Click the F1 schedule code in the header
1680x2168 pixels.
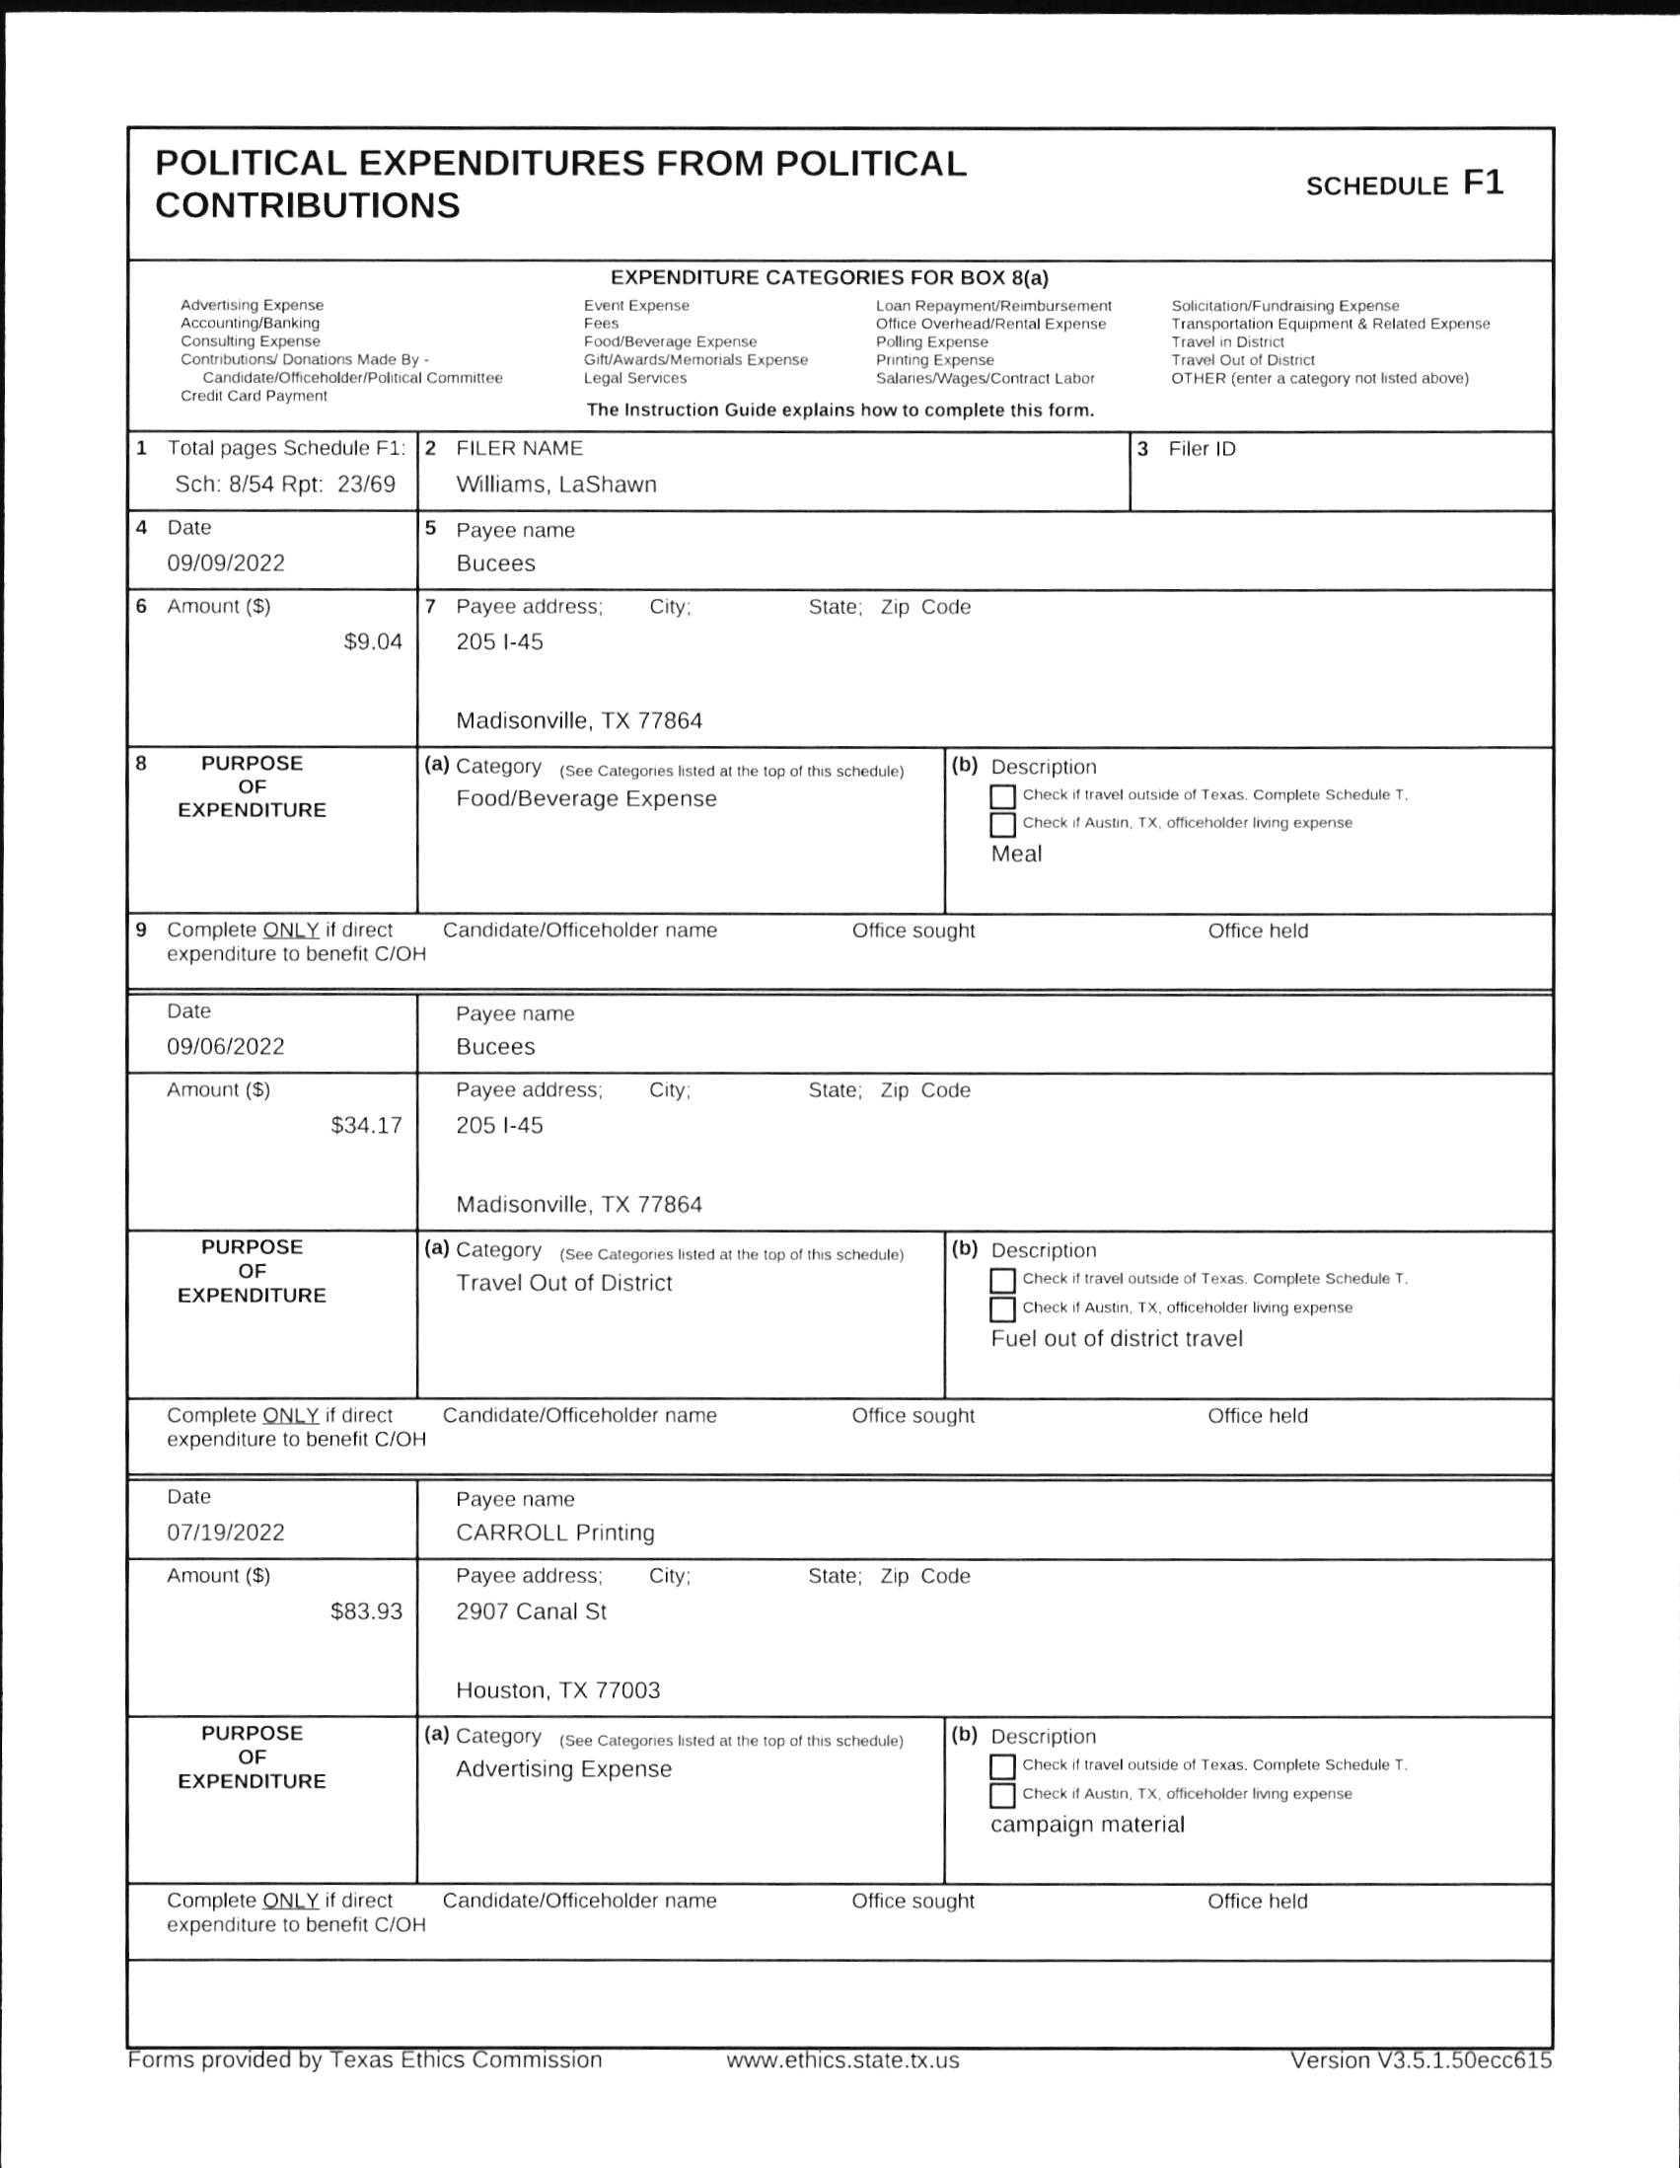point(1483,183)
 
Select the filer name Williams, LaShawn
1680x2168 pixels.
point(555,485)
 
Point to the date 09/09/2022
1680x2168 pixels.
point(225,562)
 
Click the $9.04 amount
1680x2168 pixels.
point(373,641)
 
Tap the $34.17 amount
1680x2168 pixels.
point(366,1125)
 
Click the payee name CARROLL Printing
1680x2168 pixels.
point(554,1532)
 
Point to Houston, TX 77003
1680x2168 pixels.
point(557,1689)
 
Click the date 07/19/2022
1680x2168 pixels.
point(225,1532)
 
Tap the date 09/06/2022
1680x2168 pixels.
point(225,1046)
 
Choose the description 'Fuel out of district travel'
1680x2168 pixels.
point(1117,1338)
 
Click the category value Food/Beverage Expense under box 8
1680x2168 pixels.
point(585,799)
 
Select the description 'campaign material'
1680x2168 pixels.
point(1087,1824)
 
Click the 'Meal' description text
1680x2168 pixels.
point(1016,854)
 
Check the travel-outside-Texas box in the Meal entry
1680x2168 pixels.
point(1002,796)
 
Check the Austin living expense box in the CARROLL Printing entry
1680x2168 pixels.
point(1002,1795)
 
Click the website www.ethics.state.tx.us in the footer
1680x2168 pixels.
point(842,2059)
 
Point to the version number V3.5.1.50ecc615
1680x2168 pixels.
point(1420,2059)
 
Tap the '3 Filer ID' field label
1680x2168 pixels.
point(1187,449)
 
